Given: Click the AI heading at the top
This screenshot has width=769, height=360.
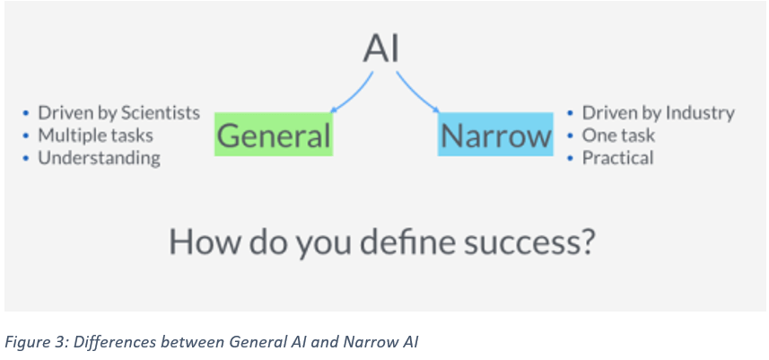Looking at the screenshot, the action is pos(381,49).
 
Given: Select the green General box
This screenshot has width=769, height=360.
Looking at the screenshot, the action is pos(274,135).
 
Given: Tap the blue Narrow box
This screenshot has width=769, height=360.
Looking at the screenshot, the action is pos(495,135).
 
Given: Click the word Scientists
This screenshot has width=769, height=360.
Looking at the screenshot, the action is pos(161,113).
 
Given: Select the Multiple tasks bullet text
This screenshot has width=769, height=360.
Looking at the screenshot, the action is pos(96,136).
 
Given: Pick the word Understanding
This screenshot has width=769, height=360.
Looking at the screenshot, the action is pos(99,158).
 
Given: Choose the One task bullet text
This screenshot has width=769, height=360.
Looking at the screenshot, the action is pos(618,136).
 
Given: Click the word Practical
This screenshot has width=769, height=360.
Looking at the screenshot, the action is pos(617,158).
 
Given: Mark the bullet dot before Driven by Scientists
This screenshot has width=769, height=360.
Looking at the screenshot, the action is pos(26,114).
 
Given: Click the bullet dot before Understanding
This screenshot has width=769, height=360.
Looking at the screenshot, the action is pos(26,159).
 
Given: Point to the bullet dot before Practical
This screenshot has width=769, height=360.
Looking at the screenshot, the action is pos(570,159).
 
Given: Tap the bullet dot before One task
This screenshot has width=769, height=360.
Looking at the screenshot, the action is pos(570,136).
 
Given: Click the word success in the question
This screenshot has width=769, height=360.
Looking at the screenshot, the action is pos(529,242).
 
